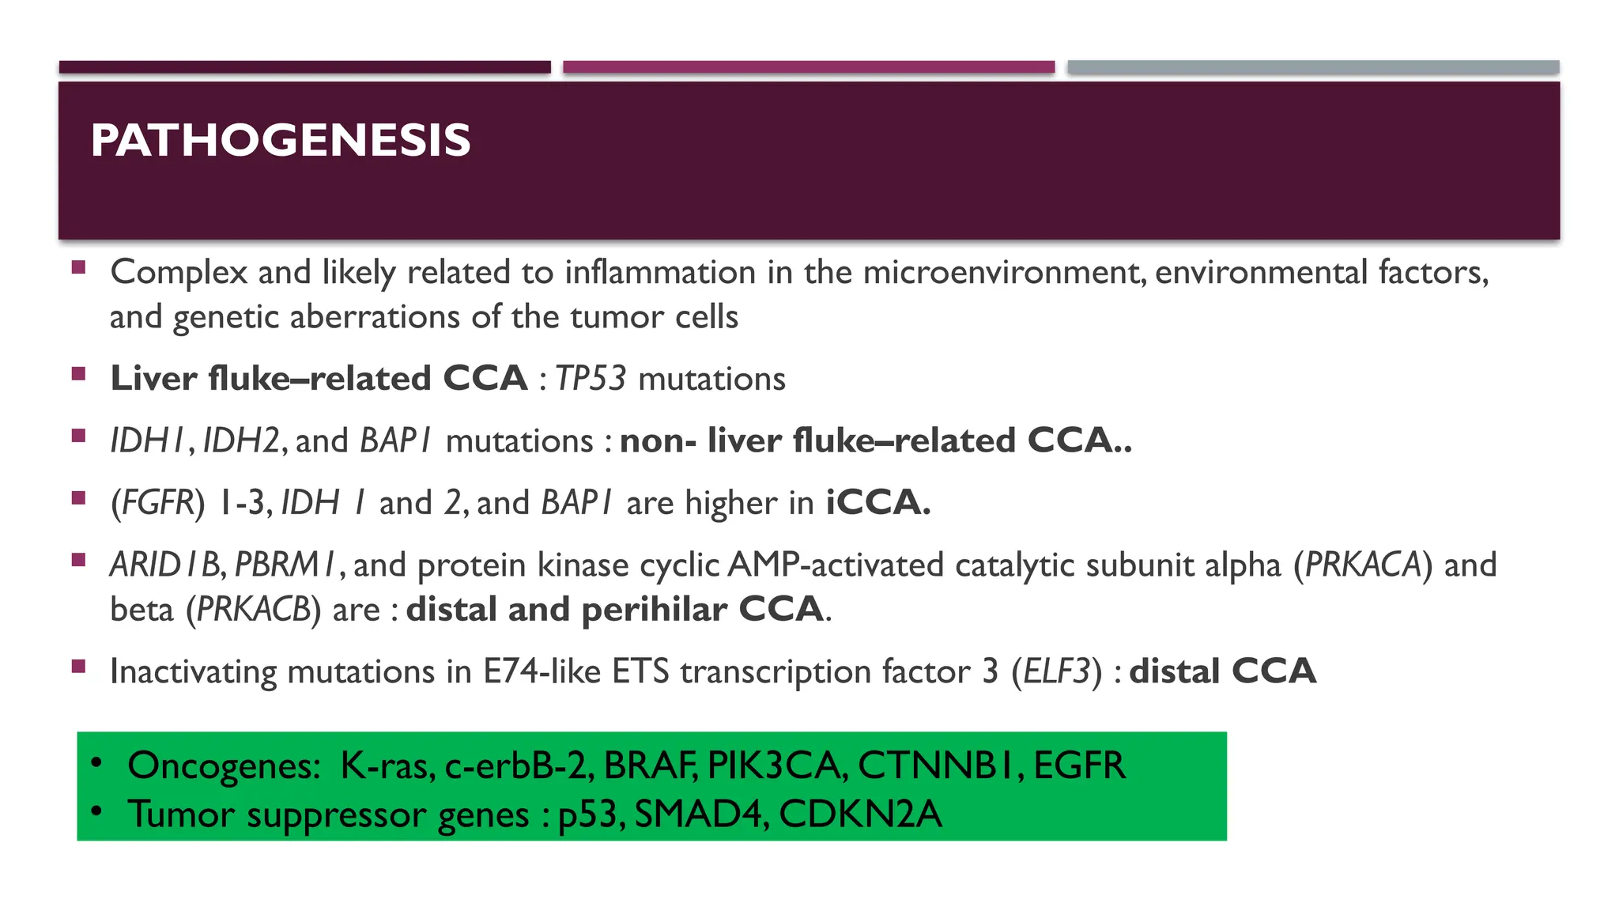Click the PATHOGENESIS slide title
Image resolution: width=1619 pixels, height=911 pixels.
click(x=280, y=141)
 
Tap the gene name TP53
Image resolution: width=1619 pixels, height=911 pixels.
click(x=591, y=379)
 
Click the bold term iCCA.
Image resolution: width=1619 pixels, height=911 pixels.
click(x=877, y=503)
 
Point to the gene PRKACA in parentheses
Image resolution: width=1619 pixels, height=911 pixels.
click(x=1363, y=565)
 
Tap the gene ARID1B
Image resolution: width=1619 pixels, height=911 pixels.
click(x=166, y=565)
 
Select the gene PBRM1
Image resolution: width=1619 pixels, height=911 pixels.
click(x=286, y=565)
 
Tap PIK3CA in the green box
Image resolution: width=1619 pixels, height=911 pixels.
click(x=777, y=765)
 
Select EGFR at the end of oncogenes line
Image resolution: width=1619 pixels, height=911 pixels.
click(x=1079, y=765)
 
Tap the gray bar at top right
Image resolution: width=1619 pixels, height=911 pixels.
click(x=1313, y=67)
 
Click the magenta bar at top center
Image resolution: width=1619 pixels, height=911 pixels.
click(x=809, y=67)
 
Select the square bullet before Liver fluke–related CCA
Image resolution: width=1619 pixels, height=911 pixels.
click(x=78, y=374)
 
